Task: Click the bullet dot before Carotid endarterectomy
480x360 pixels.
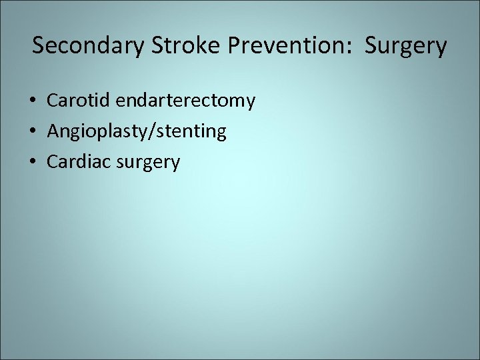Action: click(33, 101)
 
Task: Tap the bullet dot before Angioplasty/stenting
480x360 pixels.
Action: click(33, 132)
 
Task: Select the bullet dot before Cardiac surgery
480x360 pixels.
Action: click(33, 162)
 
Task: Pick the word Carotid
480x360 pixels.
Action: click(78, 101)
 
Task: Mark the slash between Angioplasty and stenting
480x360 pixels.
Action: click(155, 132)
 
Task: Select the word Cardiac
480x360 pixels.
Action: click(77, 161)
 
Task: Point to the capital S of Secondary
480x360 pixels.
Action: click(38, 46)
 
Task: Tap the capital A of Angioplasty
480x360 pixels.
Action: click(53, 131)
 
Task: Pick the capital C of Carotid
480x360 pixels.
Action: click(53, 101)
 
